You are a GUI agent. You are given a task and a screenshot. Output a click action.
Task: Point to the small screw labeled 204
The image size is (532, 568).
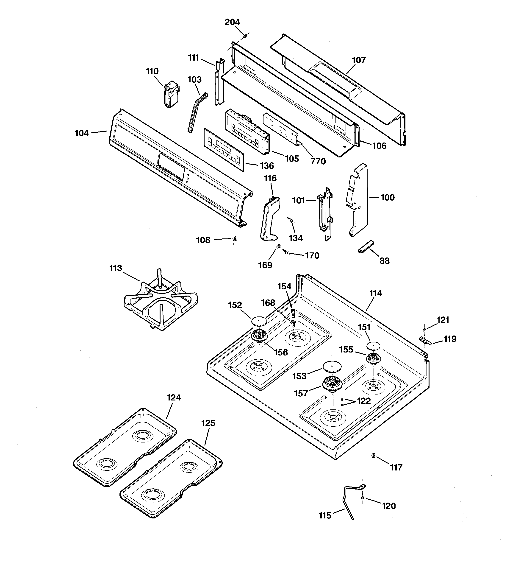pos(245,36)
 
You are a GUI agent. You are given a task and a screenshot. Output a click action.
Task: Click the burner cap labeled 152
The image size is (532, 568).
pos(259,321)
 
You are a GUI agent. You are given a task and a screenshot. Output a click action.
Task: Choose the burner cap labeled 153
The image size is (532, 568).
pos(332,367)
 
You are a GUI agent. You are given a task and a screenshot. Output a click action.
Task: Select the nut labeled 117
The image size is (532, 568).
pos(373,455)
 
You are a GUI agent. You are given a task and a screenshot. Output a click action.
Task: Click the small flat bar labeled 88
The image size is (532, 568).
pos(366,246)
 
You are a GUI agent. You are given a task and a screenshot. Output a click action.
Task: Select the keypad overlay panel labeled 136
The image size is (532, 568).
pos(224,149)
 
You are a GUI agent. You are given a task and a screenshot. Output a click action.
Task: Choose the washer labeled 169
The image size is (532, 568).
pos(278,246)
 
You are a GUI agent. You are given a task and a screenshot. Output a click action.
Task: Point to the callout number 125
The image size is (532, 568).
pos(208,423)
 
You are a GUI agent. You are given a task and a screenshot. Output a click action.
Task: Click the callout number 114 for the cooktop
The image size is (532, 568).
pos(376,293)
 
